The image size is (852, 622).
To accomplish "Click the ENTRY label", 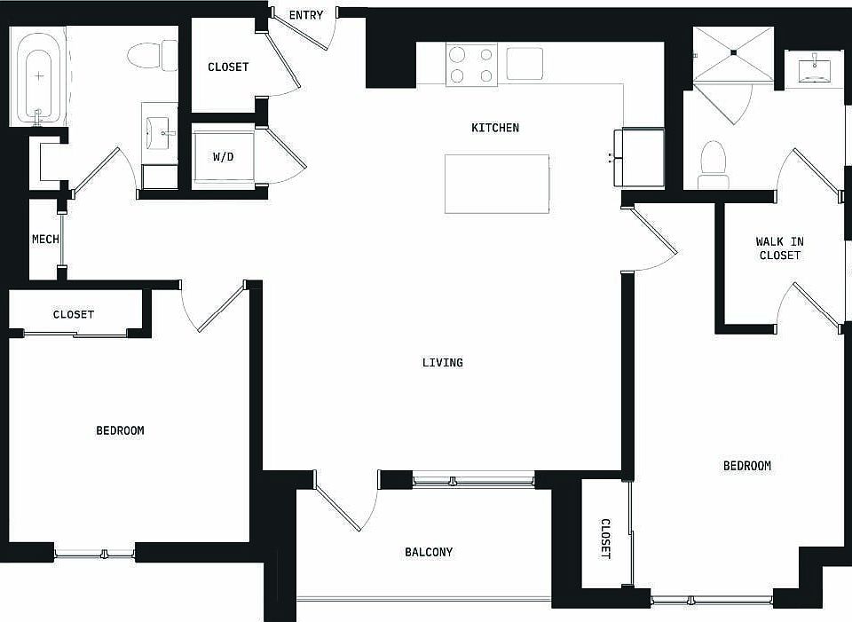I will pyautogui.click(x=306, y=15).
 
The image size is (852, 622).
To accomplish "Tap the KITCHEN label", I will pyautogui.click(x=495, y=128).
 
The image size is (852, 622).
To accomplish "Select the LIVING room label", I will pyautogui.click(x=443, y=362).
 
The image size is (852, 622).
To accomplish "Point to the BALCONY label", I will pyautogui.click(x=429, y=552).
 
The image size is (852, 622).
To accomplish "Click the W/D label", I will pyautogui.click(x=223, y=157).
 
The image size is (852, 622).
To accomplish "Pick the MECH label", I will pyautogui.click(x=45, y=239).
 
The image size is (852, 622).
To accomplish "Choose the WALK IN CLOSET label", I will pyautogui.click(x=779, y=248).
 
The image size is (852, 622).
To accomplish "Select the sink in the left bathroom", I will pyautogui.click(x=161, y=133).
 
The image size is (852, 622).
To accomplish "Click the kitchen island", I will pyautogui.click(x=496, y=184).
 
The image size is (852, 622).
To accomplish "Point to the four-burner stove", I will pyautogui.click(x=471, y=65).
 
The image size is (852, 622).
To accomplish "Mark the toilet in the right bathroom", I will pyautogui.click(x=714, y=163).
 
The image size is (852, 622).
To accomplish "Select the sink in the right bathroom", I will pyautogui.click(x=814, y=68).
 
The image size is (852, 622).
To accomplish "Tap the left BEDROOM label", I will pyautogui.click(x=120, y=430).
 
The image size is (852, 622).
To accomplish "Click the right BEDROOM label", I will pyautogui.click(x=746, y=466).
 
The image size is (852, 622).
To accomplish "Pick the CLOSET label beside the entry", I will pyautogui.click(x=228, y=67).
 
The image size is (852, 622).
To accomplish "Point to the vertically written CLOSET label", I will pyautogui.click(x=606, y=539).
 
